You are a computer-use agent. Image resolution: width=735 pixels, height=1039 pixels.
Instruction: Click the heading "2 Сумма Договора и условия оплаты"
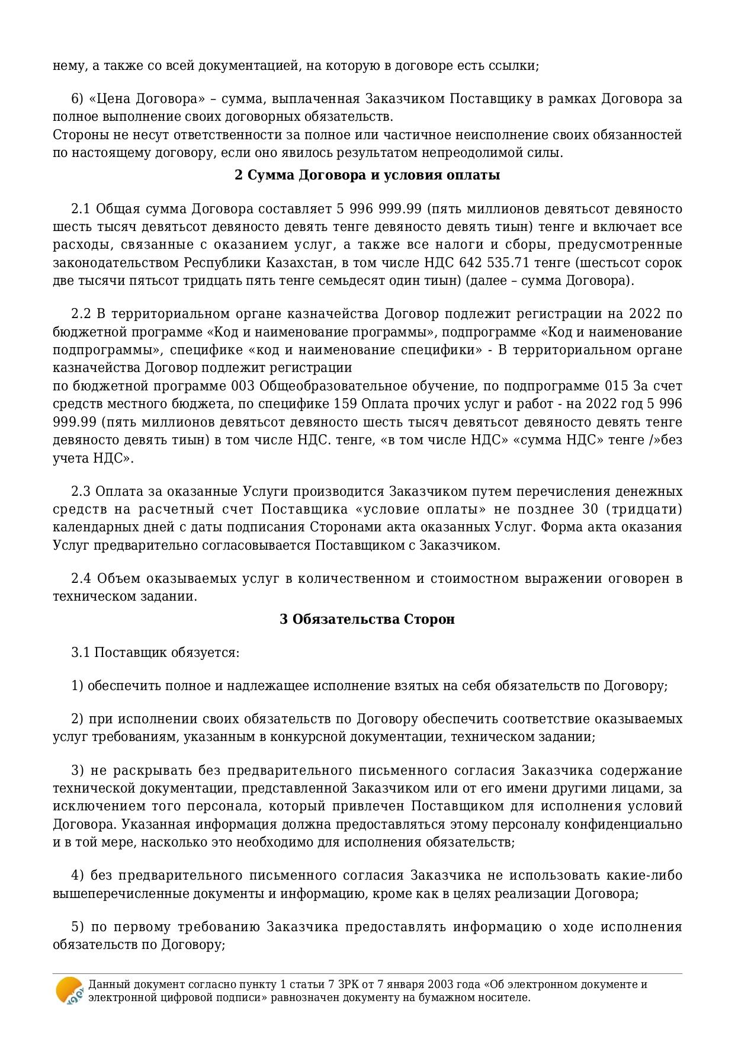coord(367,175)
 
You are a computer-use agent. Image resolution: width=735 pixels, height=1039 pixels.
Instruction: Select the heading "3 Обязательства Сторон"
coord(367,619)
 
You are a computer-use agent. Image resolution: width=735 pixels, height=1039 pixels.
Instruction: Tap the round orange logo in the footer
coord(69,990)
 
